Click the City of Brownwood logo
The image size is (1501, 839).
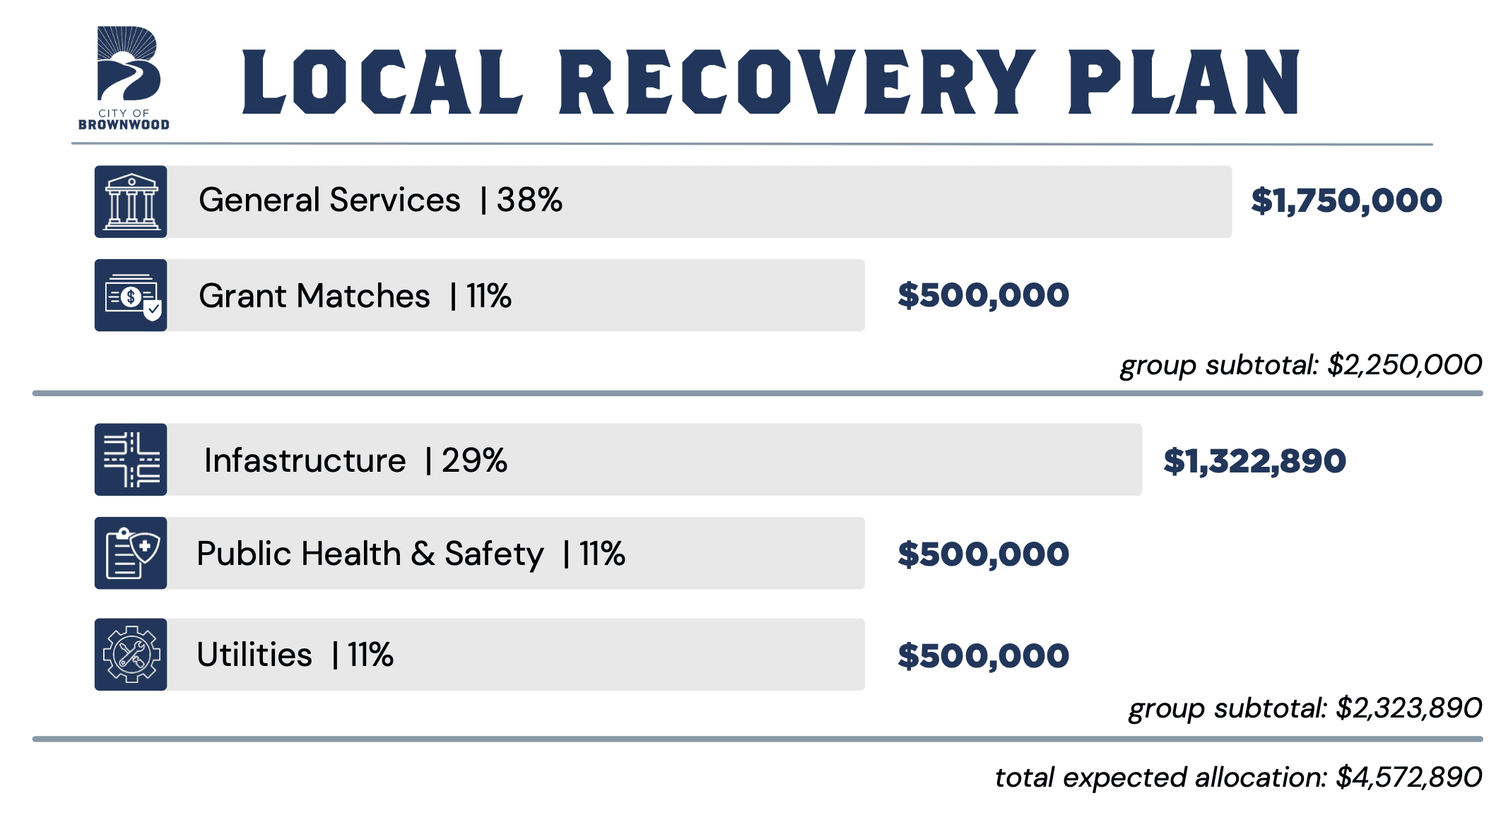pos(124,78)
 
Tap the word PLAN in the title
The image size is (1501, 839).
pos(1184,82)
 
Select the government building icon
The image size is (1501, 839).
pos(131,202)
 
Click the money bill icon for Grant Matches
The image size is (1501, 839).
pos(131,295)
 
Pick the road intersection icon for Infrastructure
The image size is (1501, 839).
pos(131,460)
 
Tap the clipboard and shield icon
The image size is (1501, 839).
pos(131,553)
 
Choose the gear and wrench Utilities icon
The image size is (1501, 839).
pos(131,655)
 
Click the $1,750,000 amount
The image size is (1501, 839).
pos(1346,201)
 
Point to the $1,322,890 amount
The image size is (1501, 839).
pos(1254,462)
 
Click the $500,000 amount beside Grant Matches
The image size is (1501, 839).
pos(983,296)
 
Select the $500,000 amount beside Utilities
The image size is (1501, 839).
pos(983,656)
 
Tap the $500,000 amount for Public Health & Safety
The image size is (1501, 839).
pos(983,555)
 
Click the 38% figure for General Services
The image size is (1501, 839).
pos(529,200)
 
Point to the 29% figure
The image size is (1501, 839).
pos(474,460)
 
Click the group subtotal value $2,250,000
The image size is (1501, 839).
pos(1404,365)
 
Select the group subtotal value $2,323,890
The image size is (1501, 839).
pos(1409,708)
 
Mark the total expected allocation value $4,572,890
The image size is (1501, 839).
pos(1409,778)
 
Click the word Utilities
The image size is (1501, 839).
pos(254,655)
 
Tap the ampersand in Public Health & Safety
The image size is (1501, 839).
pos(423,554)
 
